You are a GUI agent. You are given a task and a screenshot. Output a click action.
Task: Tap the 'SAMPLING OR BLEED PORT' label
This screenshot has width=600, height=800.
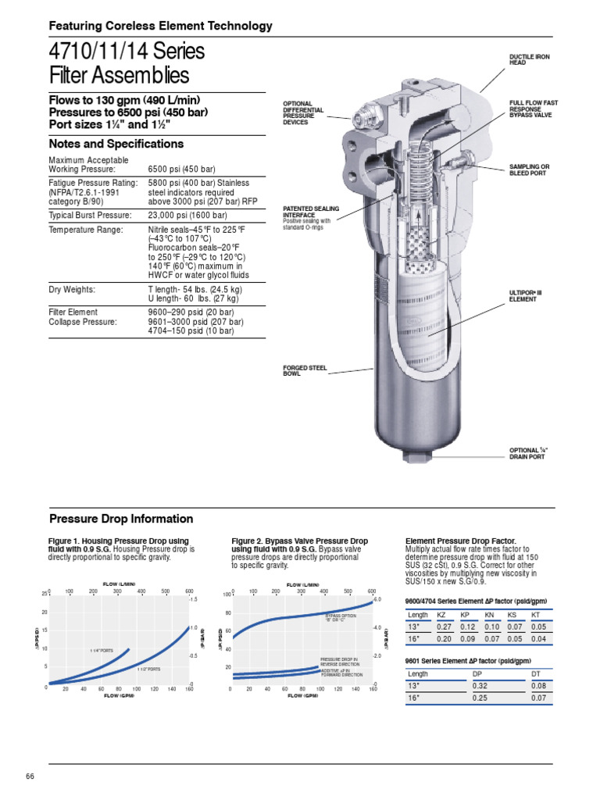(x=530, y=170)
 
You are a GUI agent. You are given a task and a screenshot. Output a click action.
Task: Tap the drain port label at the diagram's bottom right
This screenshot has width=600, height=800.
(x=528, y=453)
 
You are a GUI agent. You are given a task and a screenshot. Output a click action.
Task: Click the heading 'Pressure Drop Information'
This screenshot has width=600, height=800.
(x=121, y=519)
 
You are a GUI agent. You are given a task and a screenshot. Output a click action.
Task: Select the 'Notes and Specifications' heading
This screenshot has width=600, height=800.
(x=116, y=144)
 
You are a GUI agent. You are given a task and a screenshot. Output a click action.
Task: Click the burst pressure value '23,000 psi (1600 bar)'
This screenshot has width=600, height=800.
(x=187, y=215)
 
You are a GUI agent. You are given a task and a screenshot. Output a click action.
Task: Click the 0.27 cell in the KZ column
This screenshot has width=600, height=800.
(x=445, y=627)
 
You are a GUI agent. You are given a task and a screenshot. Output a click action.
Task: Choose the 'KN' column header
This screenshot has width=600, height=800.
(x=491, y=616)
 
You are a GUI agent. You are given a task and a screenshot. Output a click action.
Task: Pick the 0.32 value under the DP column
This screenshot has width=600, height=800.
(x=478, y=686)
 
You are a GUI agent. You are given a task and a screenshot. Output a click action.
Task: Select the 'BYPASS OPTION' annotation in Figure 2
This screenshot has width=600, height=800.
(x=341, y=617)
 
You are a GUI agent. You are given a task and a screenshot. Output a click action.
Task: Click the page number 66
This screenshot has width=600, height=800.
(x=30, y=776)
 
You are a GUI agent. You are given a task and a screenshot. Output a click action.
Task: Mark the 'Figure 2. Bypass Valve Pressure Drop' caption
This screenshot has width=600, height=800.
(x=300, y=541)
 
